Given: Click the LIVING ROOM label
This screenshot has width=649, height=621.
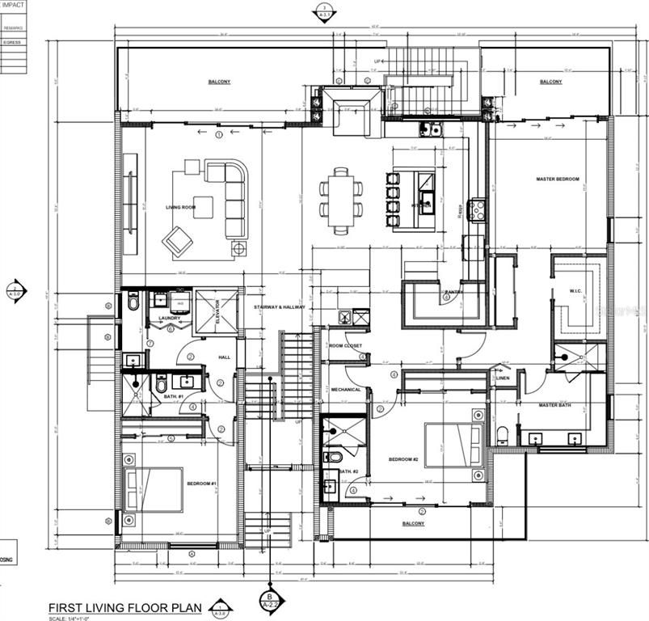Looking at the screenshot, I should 181,208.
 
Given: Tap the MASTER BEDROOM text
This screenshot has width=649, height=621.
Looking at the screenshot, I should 558,179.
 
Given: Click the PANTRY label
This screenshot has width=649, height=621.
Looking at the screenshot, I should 453,292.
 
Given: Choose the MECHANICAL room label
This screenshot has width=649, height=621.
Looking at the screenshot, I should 346,390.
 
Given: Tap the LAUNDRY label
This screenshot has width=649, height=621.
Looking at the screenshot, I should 169,319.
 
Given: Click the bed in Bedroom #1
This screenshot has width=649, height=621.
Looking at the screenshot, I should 154,488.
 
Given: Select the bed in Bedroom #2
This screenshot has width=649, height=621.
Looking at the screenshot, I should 453,444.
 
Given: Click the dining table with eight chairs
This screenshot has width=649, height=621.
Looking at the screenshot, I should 340,199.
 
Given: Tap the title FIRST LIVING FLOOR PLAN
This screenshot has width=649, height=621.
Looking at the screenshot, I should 126,607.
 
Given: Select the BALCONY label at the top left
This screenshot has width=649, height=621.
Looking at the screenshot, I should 219,82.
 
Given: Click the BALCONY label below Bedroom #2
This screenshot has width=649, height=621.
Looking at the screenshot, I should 413,523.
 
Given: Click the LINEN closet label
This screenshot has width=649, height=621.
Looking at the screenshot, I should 503,378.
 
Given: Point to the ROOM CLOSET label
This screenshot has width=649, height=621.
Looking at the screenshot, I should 346,346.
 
